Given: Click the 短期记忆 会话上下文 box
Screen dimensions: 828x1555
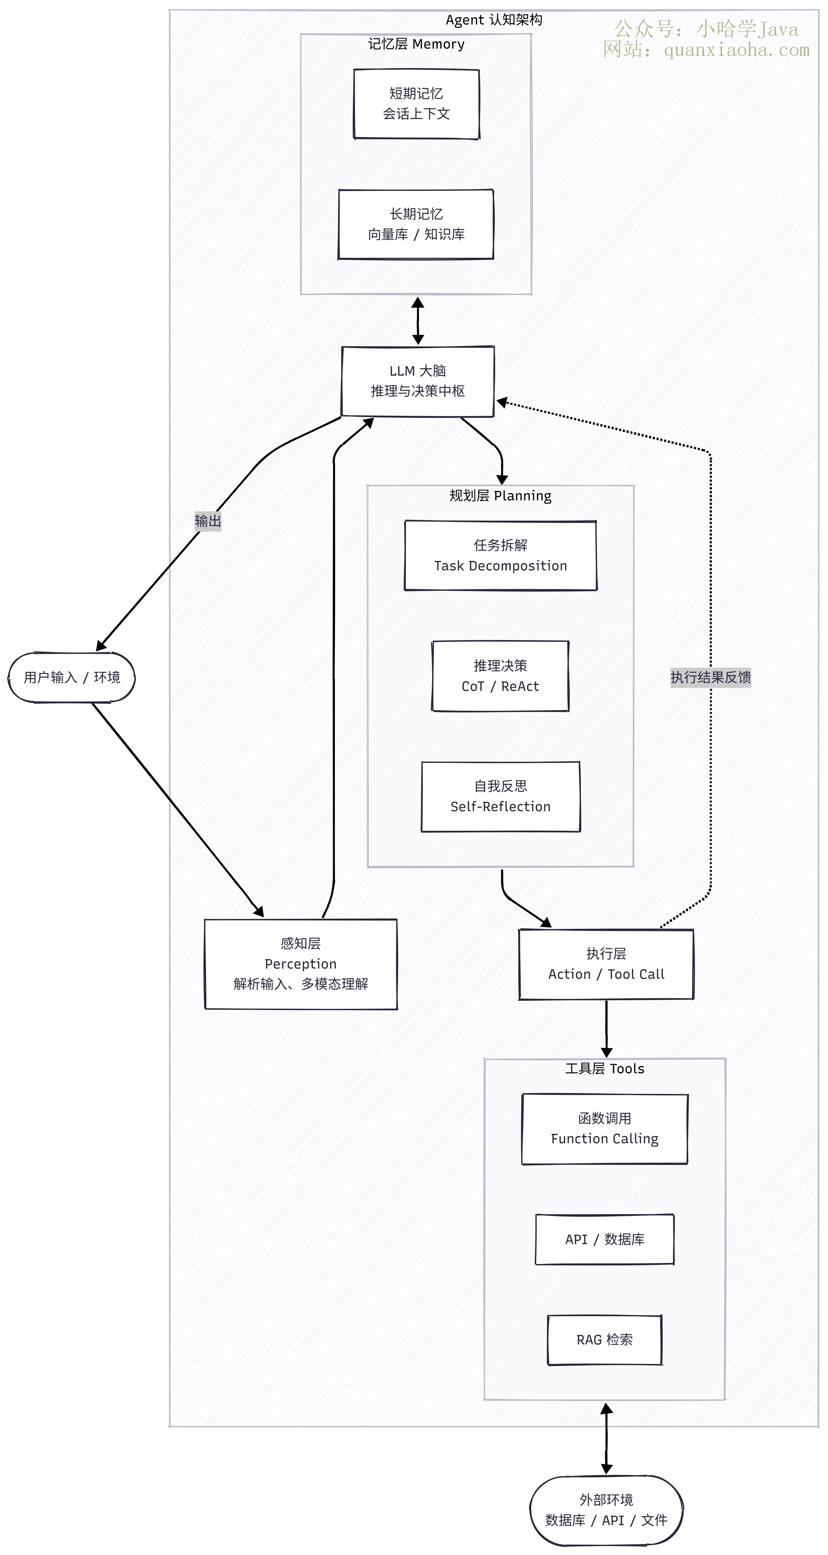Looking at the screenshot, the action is [x=417, y=104].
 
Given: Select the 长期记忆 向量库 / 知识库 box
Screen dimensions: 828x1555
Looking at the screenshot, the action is [x=416, y=225].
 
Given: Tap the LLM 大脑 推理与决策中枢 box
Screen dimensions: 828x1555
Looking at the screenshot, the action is [x=418, y=381].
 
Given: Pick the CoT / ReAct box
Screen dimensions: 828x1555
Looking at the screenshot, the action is [x=500, y=676].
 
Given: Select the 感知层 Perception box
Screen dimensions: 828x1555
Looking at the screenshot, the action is [x=300, y=964].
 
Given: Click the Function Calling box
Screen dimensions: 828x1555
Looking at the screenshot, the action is [x=605, y=1129].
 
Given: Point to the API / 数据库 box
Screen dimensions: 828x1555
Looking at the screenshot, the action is [x=605, y=1239].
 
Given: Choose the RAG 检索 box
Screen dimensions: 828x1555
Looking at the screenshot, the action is [x=605, y=1340].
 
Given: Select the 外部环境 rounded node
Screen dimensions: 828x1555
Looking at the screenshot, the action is [x=607, y=1510].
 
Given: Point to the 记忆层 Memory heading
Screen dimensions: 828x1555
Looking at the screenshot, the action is [x=417, y=44].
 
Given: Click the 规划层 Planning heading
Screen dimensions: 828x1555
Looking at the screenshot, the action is [x=500, y=496].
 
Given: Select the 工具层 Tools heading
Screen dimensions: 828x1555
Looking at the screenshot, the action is [x=605, y=1068].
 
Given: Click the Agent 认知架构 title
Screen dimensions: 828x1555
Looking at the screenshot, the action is [x=494, y=20].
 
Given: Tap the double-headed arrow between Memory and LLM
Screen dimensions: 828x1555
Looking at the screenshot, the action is [x=418, y=320].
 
